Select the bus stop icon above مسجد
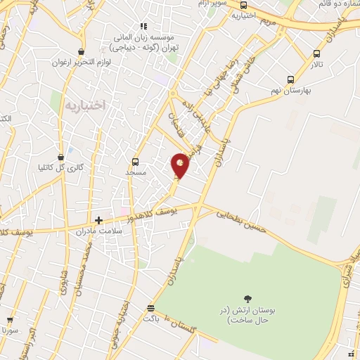coord(136,161)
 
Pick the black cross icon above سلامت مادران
coord(98,220)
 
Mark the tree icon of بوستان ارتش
coord(247,299)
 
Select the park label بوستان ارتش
coord(247,315)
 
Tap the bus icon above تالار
coord(316,53)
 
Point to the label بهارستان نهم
coord(289,91)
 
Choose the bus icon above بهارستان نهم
coord(290,80)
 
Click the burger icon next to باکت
coord(150,309)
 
